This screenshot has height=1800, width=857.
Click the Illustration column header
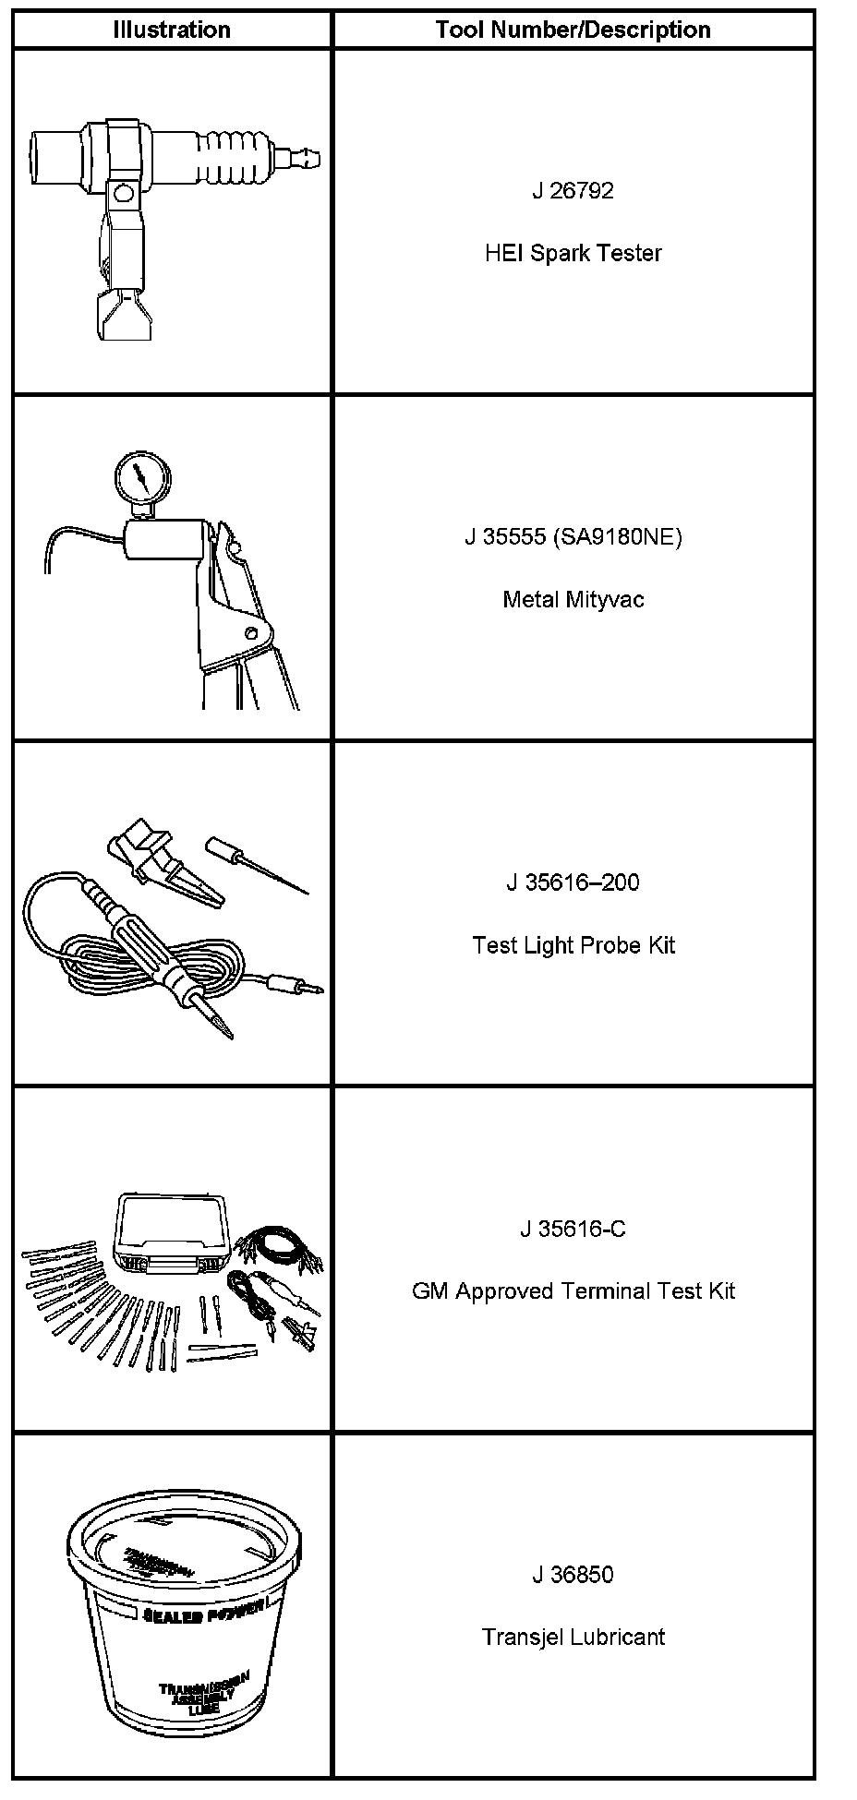point(172,30)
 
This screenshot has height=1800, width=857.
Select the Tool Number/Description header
point(573,30)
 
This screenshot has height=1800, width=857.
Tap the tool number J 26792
point(573,191)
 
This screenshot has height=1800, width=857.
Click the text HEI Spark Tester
point(573,253)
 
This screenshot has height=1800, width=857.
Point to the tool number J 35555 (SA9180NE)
point(573,537)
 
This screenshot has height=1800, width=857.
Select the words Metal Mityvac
point(573,600)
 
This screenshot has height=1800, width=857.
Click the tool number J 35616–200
point(573,882)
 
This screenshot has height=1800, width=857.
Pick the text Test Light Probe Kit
point(573,945)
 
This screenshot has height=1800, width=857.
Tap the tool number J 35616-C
point(573,1229)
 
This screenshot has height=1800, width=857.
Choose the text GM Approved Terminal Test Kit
point(573,1290)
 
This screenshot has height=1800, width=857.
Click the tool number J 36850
point(573,1575)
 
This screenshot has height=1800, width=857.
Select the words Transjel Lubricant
point(573,1638)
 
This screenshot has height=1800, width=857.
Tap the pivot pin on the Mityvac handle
point(251,632)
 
